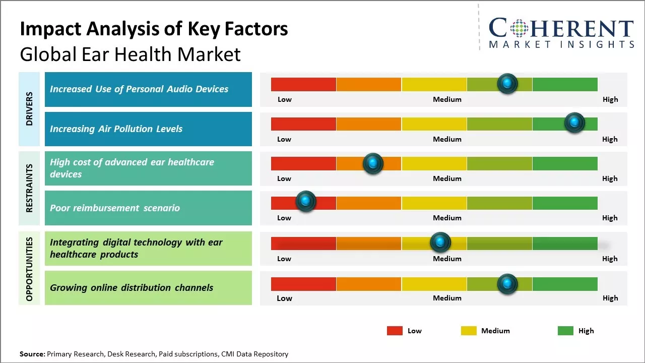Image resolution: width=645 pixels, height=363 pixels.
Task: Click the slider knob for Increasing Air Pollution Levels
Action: click(574, 123)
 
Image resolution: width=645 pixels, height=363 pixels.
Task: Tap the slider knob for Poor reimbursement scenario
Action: click(305, 201)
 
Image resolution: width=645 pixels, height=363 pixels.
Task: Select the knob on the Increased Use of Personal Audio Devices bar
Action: click(507, 83)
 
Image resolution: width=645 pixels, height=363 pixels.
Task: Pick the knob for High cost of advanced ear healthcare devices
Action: click(373, 163)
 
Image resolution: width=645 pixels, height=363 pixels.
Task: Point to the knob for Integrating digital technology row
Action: click(440, 243)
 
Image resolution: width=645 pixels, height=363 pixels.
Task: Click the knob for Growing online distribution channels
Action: click(507, 284)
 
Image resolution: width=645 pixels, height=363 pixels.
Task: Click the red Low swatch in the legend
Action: click(395, 331)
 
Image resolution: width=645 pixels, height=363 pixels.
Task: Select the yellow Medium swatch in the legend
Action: click(469, 331)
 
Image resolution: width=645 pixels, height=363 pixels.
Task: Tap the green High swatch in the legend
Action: click(565, 331)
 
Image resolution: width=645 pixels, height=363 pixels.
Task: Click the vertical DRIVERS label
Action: click(29, 109)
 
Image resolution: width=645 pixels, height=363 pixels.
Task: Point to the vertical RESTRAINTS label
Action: click(29, 188)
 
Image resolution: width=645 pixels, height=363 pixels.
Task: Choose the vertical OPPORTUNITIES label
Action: click(29, 269)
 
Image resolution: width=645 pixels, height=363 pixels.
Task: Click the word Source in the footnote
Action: click(32, 354)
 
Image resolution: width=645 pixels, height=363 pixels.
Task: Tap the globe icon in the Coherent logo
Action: click(518, 28)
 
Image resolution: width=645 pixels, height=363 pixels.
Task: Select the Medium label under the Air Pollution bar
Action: click(447, 139)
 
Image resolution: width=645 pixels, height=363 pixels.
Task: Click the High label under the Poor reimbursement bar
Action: click(610, 218)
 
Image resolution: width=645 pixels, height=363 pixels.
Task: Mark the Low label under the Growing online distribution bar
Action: click(284, 298)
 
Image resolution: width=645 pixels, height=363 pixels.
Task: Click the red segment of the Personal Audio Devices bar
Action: click(303, 84)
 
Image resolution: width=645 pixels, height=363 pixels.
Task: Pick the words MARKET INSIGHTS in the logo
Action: click(561, 44)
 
